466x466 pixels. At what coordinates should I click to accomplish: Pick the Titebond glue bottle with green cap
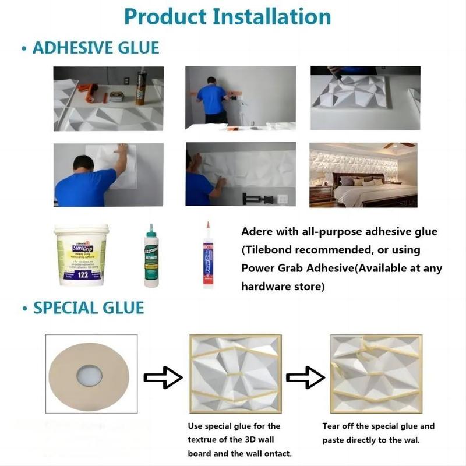(x=151, y=256)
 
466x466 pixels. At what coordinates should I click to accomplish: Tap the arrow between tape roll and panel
(x=163, y=377)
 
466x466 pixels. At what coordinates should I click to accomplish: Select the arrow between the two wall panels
(x=306, y=377)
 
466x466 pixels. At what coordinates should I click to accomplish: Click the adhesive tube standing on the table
(x=140, y=87)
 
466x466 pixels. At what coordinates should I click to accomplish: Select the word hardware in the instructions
(x=266, y=287)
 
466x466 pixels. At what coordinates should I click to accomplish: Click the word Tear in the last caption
(x=332, y=426)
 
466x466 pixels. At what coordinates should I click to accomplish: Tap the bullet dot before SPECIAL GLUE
(x=23, y=308)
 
